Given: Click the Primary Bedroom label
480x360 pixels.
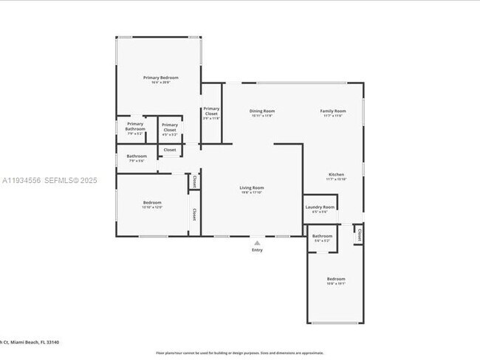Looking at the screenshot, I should [x=160, y=77].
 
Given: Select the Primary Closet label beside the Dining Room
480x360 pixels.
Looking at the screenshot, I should [x=211, y=112].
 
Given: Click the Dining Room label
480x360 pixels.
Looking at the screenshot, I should [x=262, y=111].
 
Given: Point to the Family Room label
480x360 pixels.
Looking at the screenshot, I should [x=332, y=111].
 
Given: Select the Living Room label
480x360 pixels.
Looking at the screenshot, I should [x=252, y=188].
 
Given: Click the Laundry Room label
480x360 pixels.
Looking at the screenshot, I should [x=320, y=207].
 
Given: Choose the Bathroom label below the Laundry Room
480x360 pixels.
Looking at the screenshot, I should [x=322, y=236].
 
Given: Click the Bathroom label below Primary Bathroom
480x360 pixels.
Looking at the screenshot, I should [x=137, y=156].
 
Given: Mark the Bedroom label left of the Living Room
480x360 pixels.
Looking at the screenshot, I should [x=152, y=202].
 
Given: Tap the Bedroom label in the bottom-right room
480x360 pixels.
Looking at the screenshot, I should [x=336, y=278].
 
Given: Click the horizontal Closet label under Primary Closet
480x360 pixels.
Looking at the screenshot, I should [x=170, y=150].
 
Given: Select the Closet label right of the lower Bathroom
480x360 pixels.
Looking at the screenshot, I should [x=359, y=235].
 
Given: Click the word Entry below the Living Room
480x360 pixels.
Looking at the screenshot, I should [x=257, y=250].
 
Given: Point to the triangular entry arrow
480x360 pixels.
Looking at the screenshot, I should [x=257, y=242].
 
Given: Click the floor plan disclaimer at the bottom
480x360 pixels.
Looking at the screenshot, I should [x=239, y=353].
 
